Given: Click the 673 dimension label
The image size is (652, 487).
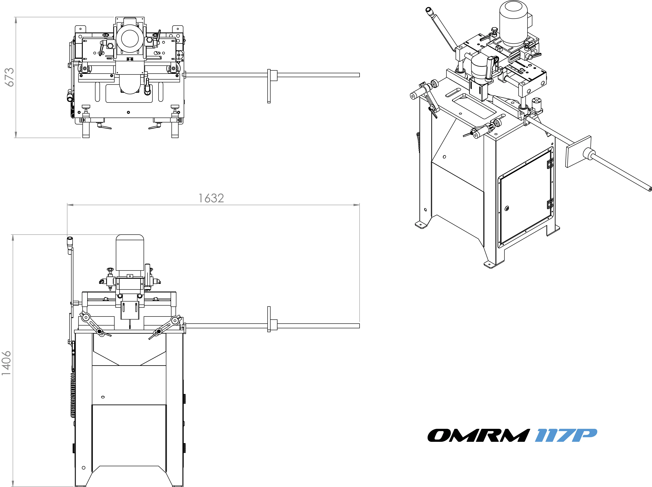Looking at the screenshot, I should coord(10,77).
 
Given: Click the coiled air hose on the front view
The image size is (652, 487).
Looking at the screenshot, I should coord(72,395).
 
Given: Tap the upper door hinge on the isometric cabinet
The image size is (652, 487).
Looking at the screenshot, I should coord(550,163).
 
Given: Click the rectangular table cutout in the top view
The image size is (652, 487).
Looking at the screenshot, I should coord(129,94).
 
